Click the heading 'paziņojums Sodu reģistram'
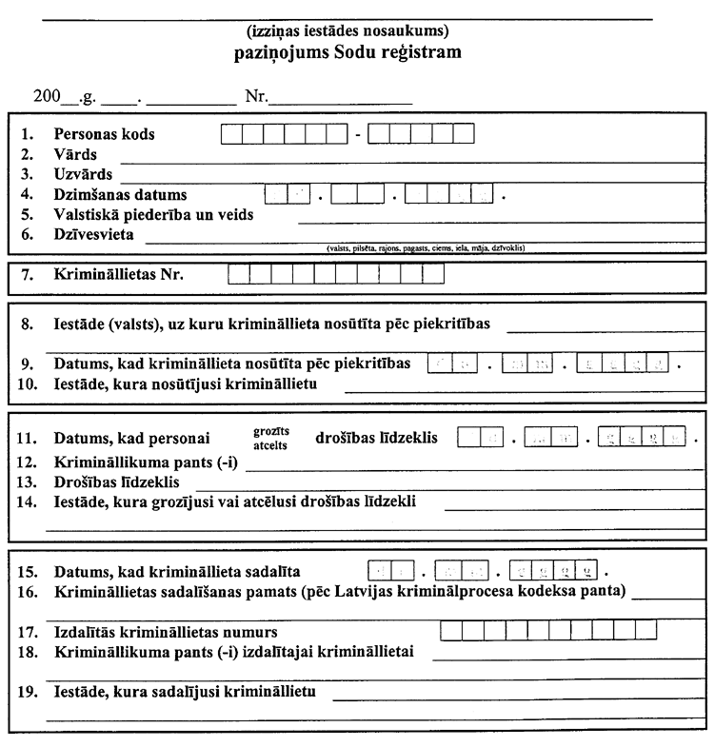(348, 52)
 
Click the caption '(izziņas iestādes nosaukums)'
(348, 31)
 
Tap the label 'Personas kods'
(105, 134)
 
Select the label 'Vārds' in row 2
(75, 154)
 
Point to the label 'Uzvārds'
(84, 174)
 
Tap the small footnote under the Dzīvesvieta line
(425, 248)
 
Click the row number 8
(28, 324)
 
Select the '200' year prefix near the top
(45, 96)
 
